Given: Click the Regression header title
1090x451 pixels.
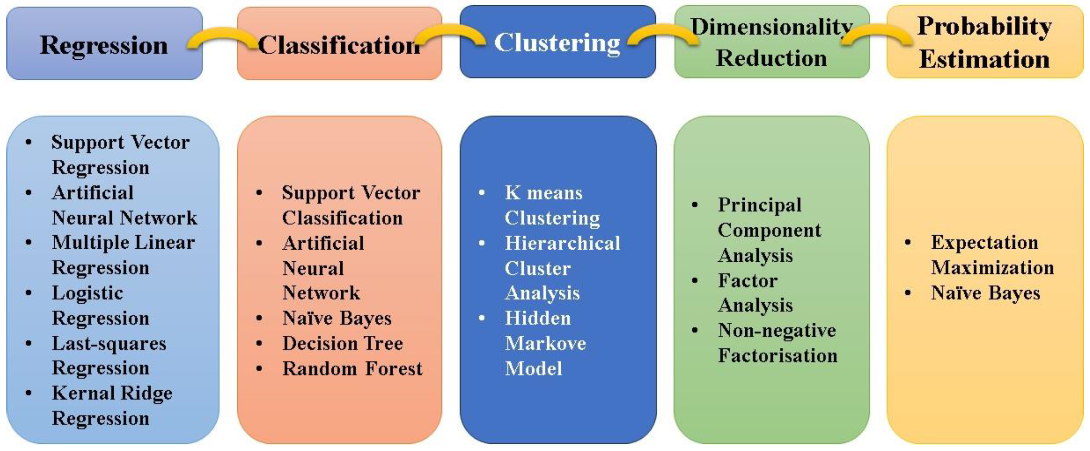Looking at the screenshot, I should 104,45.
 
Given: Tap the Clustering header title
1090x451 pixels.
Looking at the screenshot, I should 557,43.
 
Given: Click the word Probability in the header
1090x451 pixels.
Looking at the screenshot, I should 984,26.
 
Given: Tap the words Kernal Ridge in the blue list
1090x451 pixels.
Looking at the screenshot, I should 112,393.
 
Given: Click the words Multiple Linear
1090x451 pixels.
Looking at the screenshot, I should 123,243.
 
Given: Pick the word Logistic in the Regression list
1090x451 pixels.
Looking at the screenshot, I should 88,293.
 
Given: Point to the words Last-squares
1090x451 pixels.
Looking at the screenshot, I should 109,343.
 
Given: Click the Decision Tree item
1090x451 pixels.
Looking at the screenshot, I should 343,343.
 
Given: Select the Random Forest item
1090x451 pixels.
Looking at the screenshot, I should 352,369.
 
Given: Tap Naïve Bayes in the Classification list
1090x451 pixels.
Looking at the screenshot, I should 337,318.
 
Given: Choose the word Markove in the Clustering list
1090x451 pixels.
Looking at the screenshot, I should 546,343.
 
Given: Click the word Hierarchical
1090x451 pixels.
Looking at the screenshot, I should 562,243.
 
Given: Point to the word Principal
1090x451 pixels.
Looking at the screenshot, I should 759,205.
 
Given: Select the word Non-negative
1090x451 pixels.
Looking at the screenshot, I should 777,330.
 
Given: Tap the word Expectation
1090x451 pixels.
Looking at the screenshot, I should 984,243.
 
